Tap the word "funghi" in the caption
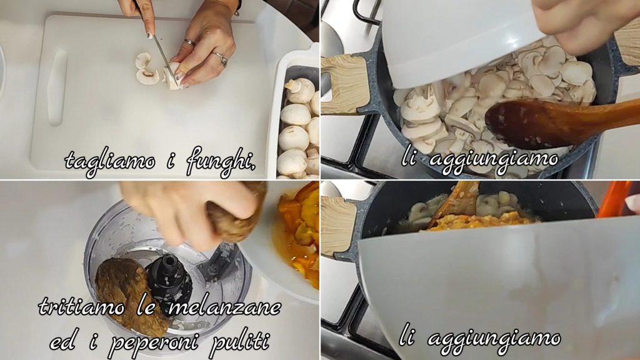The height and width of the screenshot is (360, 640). pos(220,162)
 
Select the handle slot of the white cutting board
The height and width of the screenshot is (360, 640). pos(56,87)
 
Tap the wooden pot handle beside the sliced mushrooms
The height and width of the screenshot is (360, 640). pos(346,84)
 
